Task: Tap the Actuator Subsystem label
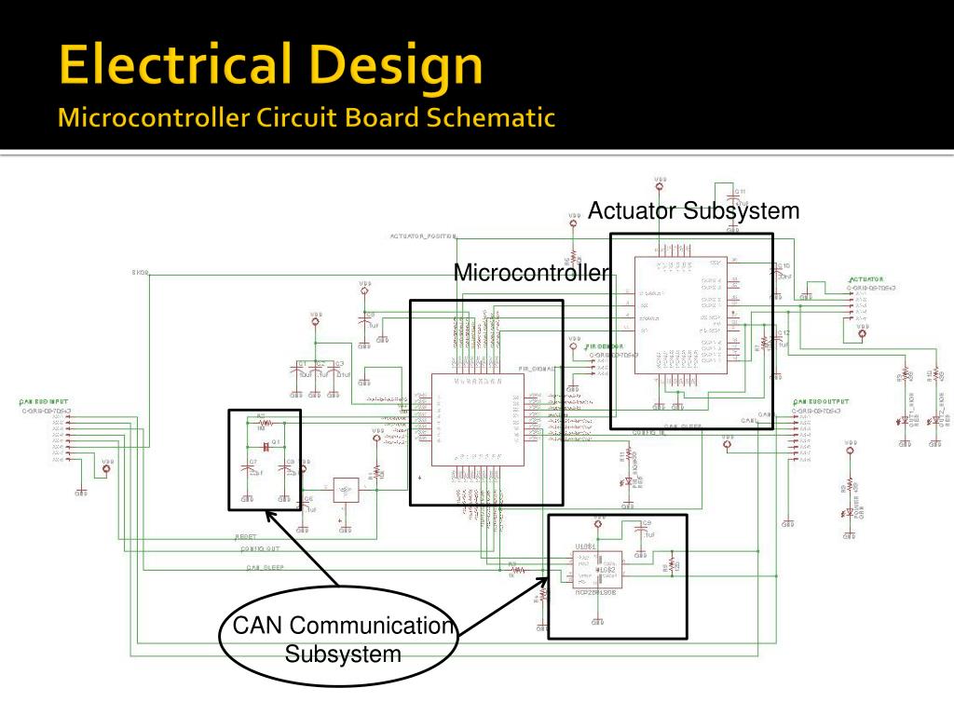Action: [693, 210]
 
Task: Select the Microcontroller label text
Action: [531, 273]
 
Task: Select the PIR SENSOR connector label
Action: [606, 346]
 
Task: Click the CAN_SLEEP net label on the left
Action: [265, 567]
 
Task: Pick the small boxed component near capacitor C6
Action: [346, 490]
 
